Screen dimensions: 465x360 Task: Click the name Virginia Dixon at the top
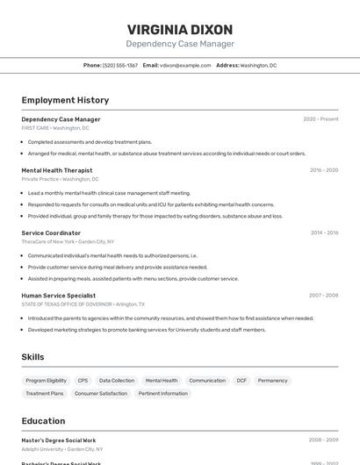[x=180, y=29]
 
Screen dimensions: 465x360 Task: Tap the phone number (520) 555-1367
[x=120, y=65]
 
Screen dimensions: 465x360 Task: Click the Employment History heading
[x=65, y=100]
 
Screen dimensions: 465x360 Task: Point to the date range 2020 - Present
[x=320, y=119]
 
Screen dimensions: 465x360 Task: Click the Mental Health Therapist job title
[x=56, y=170]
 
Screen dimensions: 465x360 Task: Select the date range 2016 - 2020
[x=324, y=170]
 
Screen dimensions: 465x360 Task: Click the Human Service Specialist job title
[x=58, y=296]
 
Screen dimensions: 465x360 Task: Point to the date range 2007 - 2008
[x=323, y=296]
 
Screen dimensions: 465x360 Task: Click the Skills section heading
[x=32, y=357]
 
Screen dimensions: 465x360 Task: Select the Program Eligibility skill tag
[x=46, y=381]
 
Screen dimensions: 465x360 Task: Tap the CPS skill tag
[x=83, y=381]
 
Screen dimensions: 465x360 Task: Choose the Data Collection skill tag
[x=117, y=381]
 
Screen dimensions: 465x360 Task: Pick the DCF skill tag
[x=241, y=381]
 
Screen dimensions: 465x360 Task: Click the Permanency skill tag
[x=272, y=381]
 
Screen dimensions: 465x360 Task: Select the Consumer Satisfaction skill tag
[x=101, y=394]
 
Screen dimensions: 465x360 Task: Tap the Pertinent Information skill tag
[x=162, y=394]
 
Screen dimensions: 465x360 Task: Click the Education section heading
[x=43, y=421]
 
